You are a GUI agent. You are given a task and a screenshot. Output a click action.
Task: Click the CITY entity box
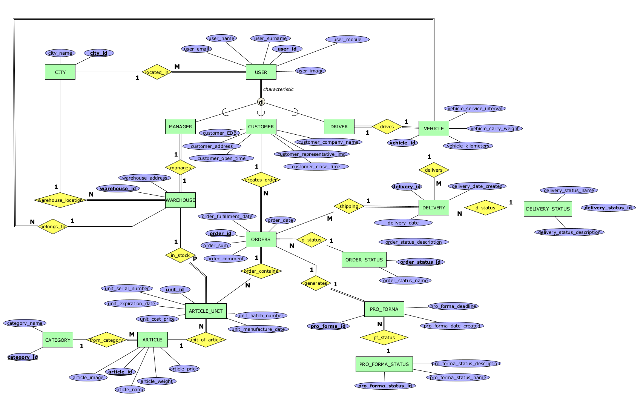60,72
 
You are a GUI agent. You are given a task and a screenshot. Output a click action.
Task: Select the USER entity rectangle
261,72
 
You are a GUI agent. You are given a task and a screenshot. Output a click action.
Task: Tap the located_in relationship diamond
157,72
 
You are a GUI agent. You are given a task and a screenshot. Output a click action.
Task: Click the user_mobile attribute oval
347,40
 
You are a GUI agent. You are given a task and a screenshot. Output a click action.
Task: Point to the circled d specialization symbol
261,102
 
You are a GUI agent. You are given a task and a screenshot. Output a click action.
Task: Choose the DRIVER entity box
339,127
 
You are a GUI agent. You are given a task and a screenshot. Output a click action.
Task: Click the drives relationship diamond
387,127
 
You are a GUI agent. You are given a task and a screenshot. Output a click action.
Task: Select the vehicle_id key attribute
402,143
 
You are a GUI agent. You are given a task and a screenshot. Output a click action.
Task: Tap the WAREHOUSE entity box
180,200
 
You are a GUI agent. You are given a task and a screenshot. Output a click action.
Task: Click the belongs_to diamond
53,227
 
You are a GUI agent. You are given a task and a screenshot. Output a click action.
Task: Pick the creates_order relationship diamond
261,180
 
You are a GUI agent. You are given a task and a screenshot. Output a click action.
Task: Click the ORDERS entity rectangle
261,240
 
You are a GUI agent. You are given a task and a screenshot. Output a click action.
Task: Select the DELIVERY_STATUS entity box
548,209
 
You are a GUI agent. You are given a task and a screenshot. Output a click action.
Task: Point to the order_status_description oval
414,242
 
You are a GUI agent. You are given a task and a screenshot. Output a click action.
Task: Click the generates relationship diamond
316,283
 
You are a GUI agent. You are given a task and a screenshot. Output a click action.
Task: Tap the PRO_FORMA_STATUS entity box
384,364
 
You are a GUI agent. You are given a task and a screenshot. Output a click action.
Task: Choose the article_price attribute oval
184,369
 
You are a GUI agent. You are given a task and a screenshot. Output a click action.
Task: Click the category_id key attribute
23,357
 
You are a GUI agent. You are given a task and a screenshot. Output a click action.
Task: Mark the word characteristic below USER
278,89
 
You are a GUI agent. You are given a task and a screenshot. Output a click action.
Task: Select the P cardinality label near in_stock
195,259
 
